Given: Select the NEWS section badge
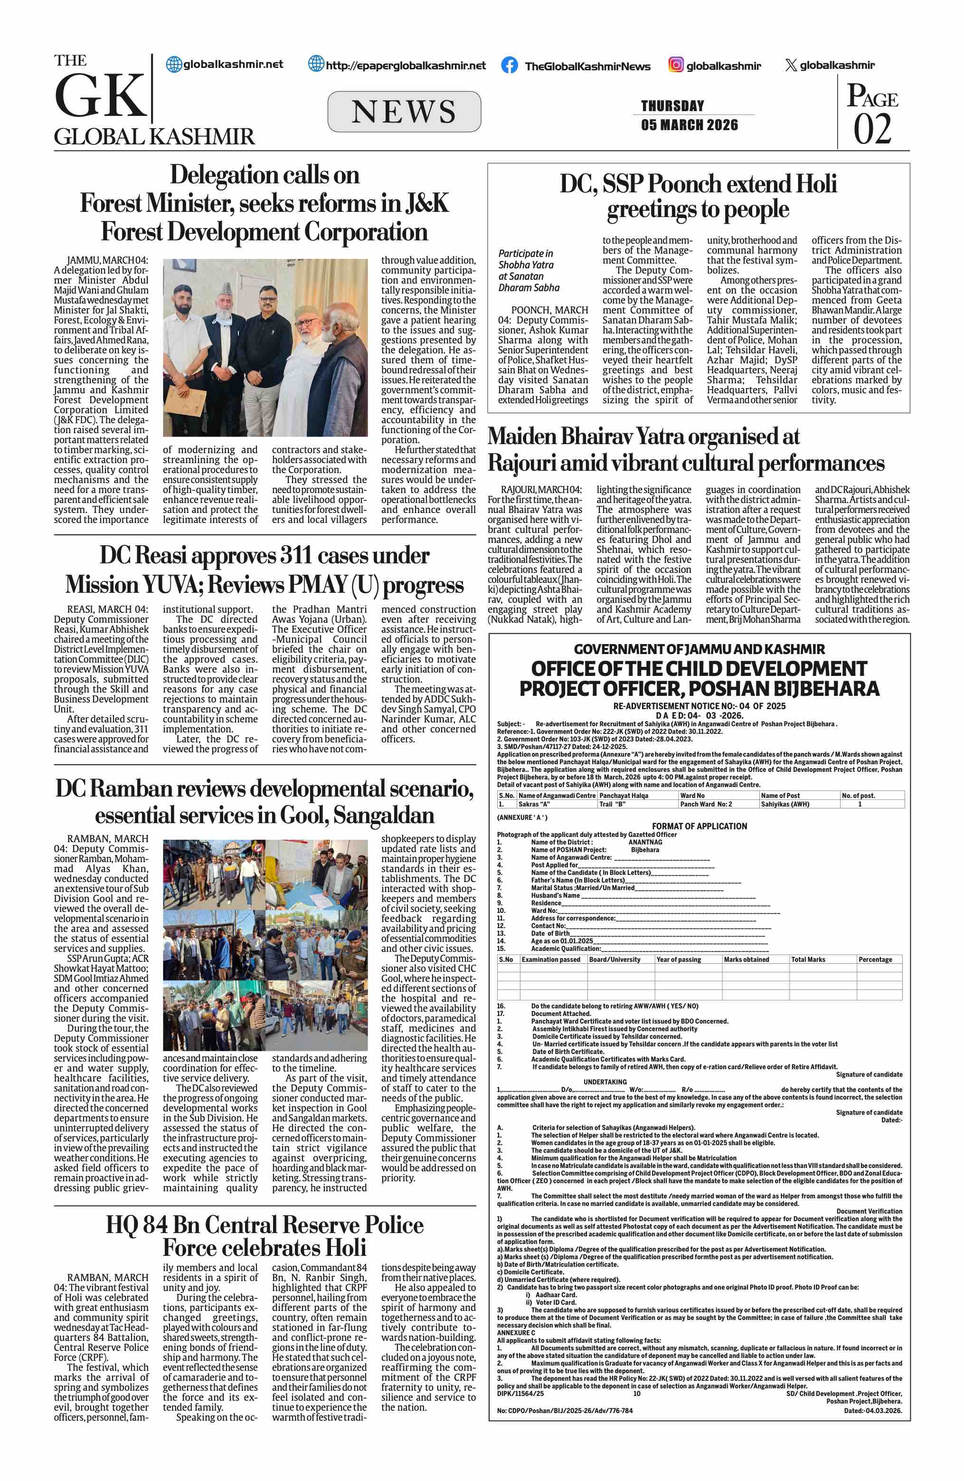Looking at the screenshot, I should pyautogui.click(x=404, y=112).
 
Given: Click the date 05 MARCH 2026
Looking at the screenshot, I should pyautogui.click(x=689, y=125).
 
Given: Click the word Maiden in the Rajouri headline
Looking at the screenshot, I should pyautogui.click(x=522, y=436).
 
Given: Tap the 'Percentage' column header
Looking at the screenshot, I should pyautogui.click(x=875, y=959).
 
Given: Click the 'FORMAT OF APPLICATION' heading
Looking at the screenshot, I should pyautogui.click(x=699, y=826).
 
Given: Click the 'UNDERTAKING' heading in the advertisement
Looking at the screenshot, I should pyautogui.click(x=605, y=1082).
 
